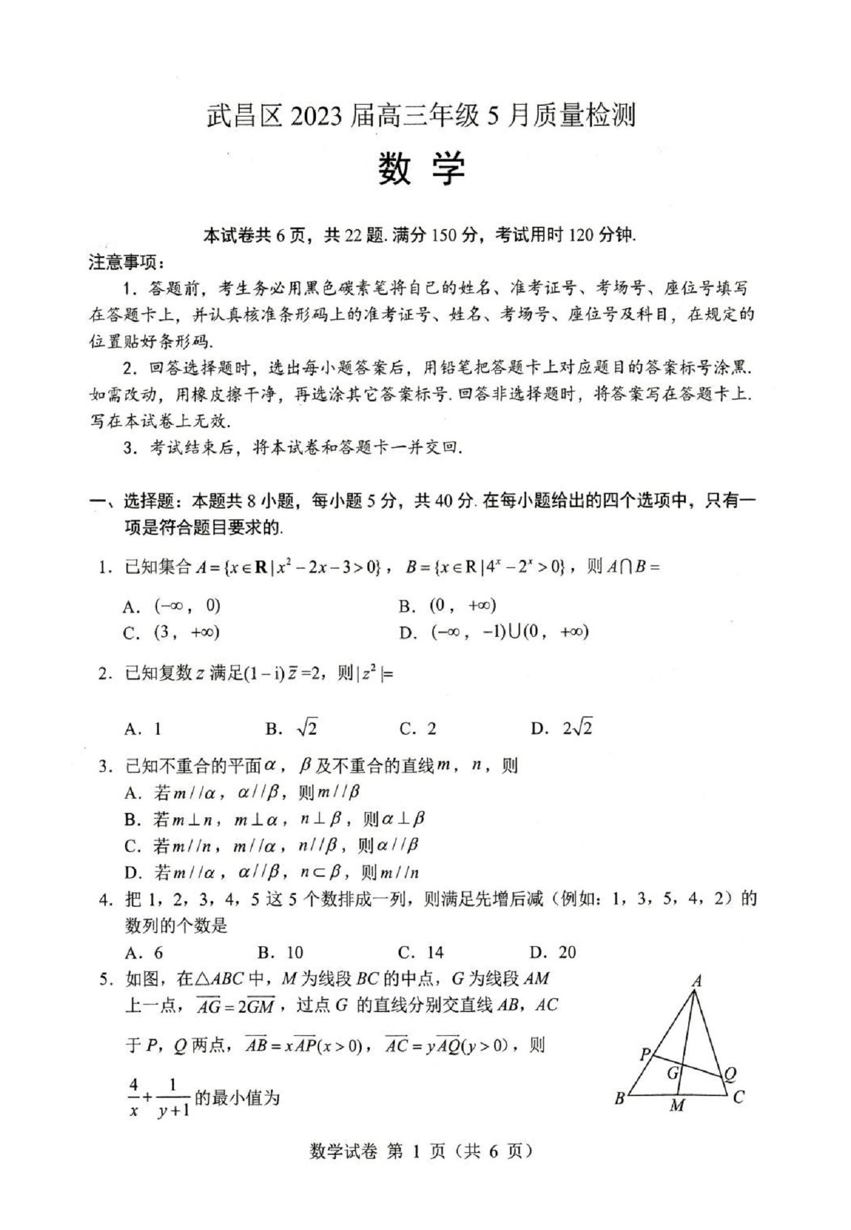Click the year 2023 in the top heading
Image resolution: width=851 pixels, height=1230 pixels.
[315, 116]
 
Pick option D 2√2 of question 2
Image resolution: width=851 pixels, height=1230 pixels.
[561, 728]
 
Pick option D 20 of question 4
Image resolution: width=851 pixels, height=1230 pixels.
[553, 953]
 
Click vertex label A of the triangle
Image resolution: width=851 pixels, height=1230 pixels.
[696, 981]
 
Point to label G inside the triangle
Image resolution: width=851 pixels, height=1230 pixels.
[673, 1073]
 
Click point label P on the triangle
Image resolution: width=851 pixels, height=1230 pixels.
[645, 1055]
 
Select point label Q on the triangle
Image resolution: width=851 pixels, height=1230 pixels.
[730, 1075]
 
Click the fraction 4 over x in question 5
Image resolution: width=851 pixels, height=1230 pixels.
[133, 1098]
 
